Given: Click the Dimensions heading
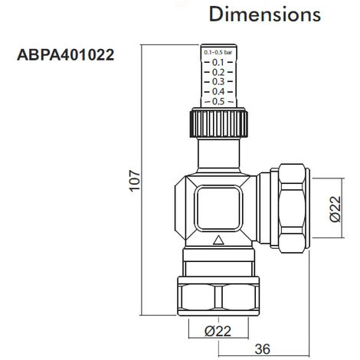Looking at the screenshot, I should pos(265,15).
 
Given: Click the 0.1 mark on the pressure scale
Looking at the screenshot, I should pos(218,62).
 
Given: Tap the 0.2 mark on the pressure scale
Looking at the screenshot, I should pos(218,72).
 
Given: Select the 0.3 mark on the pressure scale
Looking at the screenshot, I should pos(218,82).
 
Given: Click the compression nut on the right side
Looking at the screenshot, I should pos(293,207).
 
